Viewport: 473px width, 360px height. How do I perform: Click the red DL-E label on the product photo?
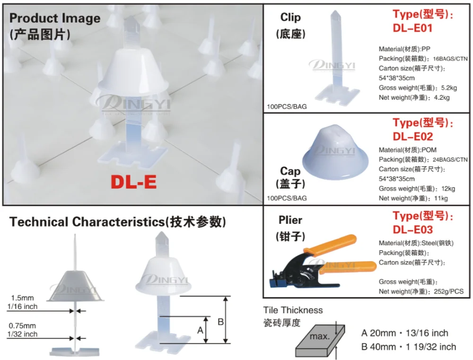click(x=133, y=182)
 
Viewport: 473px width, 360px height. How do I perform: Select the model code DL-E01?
click(x=412, y=28)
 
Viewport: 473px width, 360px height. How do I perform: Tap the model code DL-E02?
click(x=412, y=137)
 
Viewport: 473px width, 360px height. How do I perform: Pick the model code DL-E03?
click(x=412, y=230)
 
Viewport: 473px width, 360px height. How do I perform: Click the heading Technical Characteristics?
click(x=118, y=222)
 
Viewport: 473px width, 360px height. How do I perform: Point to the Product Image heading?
click(x=55, y=19)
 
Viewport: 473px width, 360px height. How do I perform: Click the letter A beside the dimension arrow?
click(x=200, y=330)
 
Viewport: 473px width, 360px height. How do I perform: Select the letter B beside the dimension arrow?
click(x=220, y=322)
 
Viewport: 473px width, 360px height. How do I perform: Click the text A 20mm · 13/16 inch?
click(x=404, y=334)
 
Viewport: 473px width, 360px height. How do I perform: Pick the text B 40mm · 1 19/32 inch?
click(x=408, y=347)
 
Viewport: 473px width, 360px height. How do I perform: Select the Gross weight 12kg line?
click(x=417, y=189)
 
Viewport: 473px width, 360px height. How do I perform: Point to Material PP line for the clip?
click(x=404, y=49)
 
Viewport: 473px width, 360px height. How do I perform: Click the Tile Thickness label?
click(x=293, y=310)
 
